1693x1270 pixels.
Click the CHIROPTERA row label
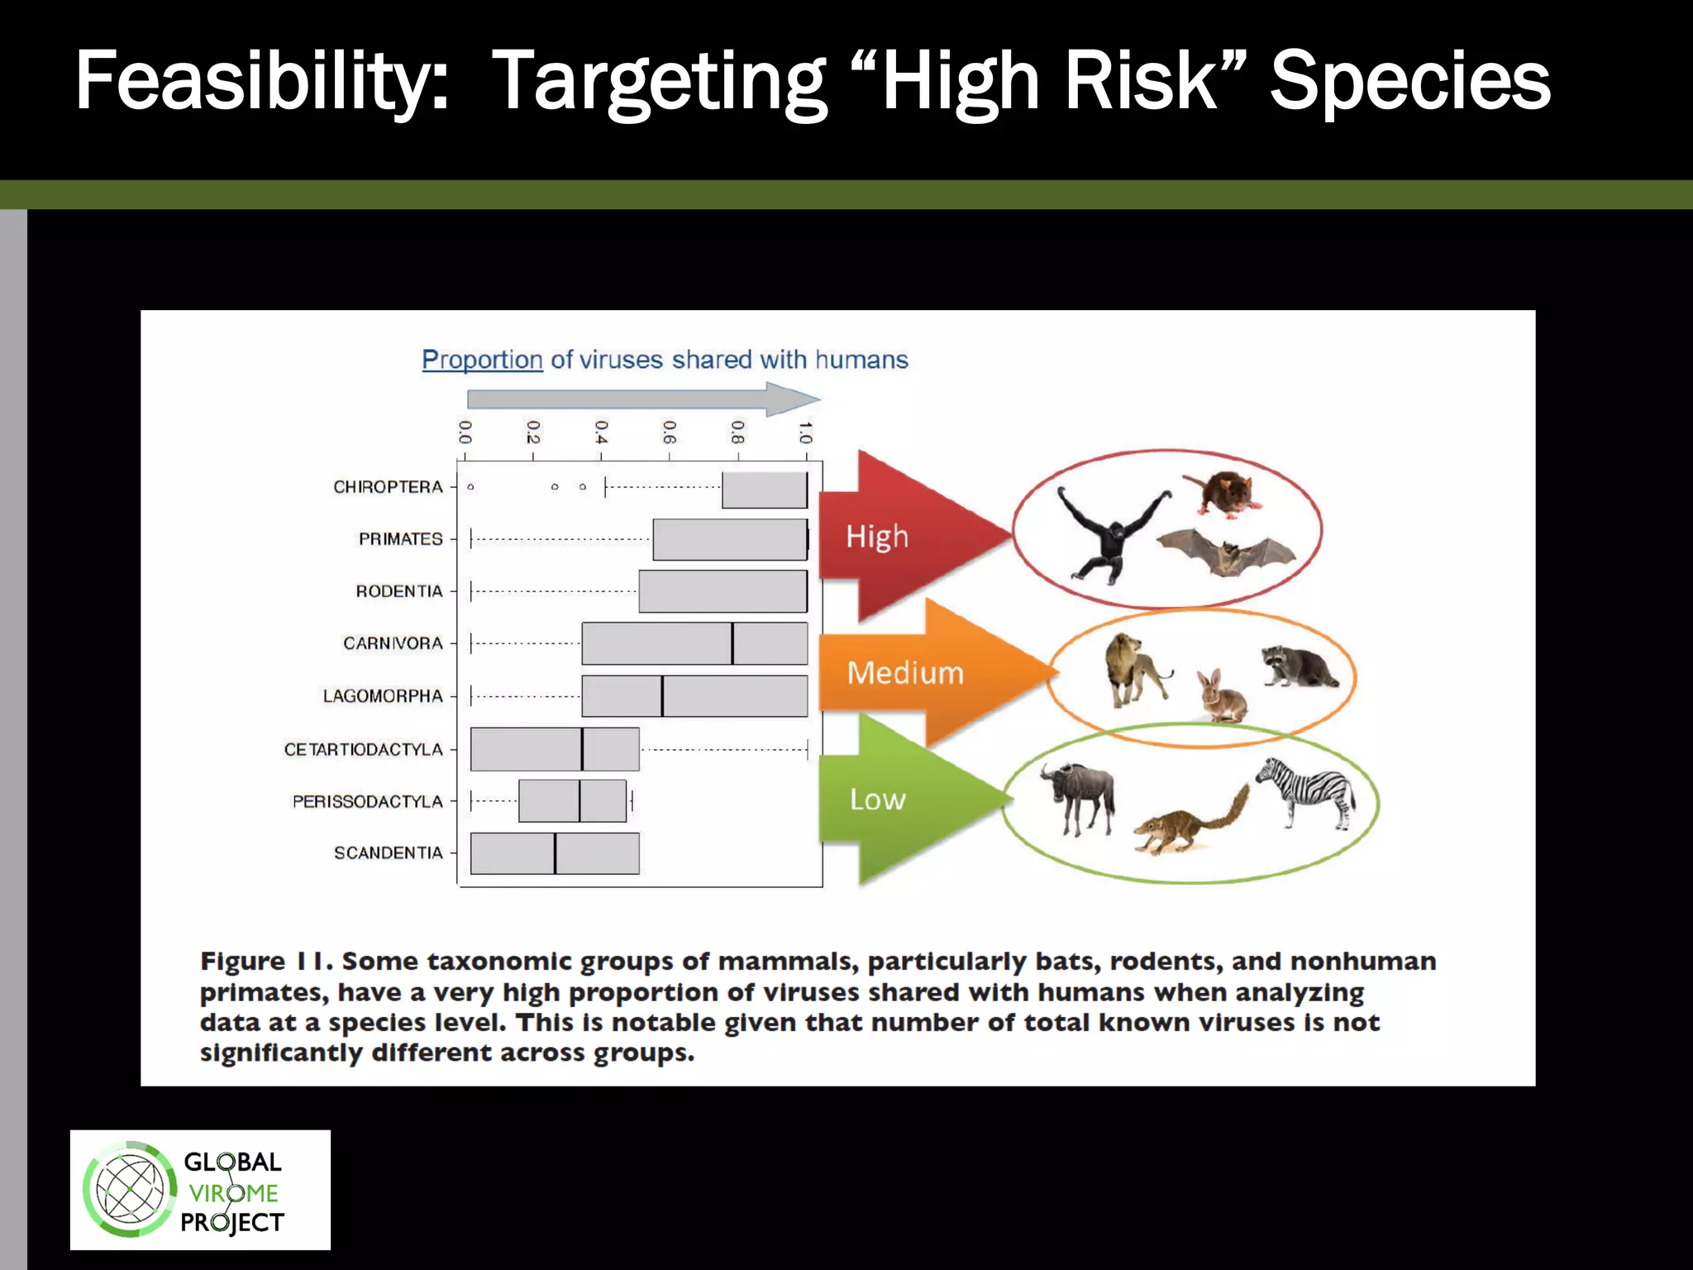coord(388,487)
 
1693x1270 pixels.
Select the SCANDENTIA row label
coord(388,852)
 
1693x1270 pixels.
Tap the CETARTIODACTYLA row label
coord(364,749)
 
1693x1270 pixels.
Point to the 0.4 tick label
coord(601,431)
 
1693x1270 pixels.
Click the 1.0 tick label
coord(805,431)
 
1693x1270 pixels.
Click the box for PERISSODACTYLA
coord(572,800)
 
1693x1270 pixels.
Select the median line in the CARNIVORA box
coord(732,643)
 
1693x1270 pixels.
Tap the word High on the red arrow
coord(876,537)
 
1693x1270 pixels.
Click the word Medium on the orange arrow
coord(905,672)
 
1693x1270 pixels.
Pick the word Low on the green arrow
coord(877,800)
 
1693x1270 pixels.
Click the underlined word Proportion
coord(482,360)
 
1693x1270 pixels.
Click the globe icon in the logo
coord(130,1190)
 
